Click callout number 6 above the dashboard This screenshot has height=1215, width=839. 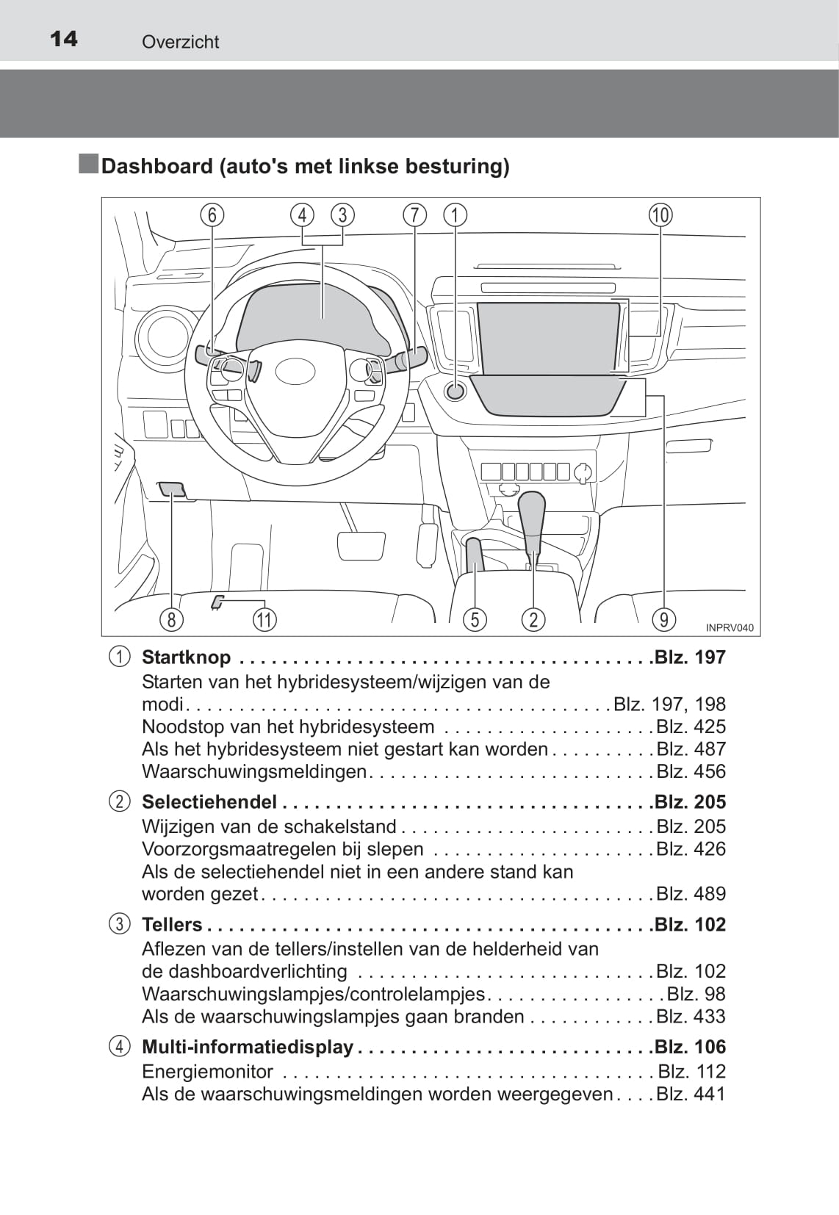pyautogui.click(x=212, y=214)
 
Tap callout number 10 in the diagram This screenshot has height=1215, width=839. pyautogui.click(x=660, y=214)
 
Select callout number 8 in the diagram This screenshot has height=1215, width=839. pyautogui.click(x=171, y=619)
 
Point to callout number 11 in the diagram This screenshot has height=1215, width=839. pyautogui.click(x=264, y=619)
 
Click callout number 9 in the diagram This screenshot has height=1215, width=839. pyautogui.click(x=663, y=619)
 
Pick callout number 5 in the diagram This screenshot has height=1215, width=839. pyautogui.click(x=475, y=619)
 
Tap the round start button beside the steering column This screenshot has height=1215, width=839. pyautogui.click(x=455, y=391)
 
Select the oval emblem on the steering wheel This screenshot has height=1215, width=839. pyautogui.click(x=295, y=371)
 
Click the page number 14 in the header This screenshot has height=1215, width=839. pyautogui.click(x=64, y=39)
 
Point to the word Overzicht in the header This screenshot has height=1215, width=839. pyautogui.click(x=180, y=42)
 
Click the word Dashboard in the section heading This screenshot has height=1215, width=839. pyautogui.click(x=156, y=166)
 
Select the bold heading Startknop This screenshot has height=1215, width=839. pyautogui.click(x=186, y=657)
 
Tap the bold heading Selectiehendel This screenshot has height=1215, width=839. pyautogui.click(x=209, y=802)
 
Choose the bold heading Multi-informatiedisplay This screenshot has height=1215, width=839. pyautogui.click(x=247, y=1047)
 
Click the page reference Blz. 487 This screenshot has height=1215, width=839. pyautogui.click(x=691, y=749)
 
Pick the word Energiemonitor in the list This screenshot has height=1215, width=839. pyautogui.click(x=207, y=1072)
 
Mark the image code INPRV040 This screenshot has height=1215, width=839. pyautogui.click(x=729, y=628)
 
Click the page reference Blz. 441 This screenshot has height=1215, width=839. pyautogui.click(x=691, y=1094)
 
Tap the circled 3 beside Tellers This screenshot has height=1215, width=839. pyautogui.click(x=119, y=924)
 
